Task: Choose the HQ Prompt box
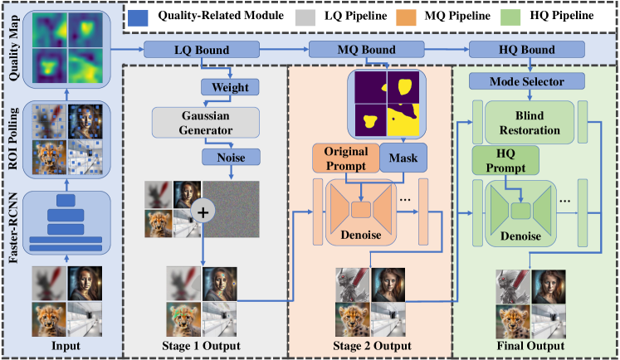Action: point(505,158)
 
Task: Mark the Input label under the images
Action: point(66,344)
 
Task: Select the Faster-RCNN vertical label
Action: point(14,228)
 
